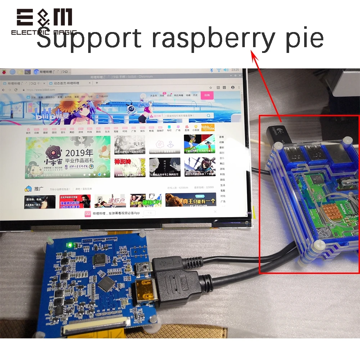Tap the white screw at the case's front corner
coord(318,246)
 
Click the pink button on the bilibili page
coord(208,95)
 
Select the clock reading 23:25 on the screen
coord(235,69)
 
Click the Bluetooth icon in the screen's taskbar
coord(212,70)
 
